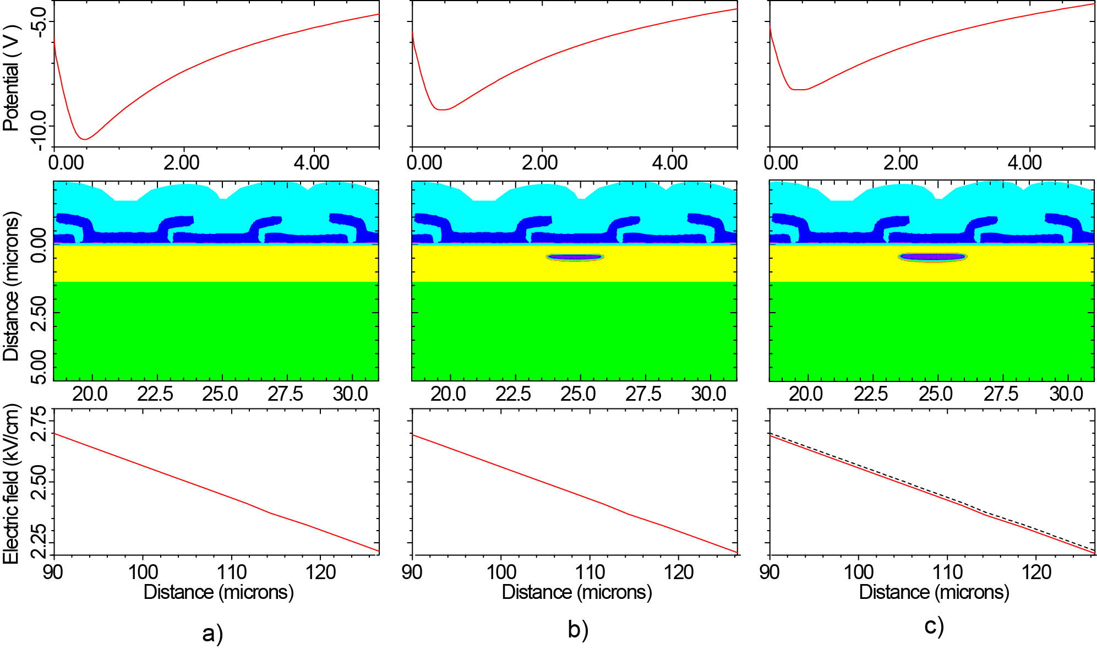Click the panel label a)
pos(212,633)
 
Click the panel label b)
pos(578,630)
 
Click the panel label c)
pos(934,626)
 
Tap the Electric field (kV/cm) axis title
pos(11,483)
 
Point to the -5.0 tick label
pos(39,22)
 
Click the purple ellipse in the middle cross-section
pos(575,257)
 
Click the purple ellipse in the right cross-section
pos(932,257)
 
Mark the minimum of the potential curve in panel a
pos(84,139)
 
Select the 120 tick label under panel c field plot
pos(1036,572)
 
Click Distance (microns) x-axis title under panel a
pos(219,592)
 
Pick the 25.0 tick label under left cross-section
pos(220,394)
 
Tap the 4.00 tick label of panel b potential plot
pos(669,162)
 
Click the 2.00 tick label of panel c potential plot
pos(900,162)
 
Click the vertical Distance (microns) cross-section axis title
pos(11,286)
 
